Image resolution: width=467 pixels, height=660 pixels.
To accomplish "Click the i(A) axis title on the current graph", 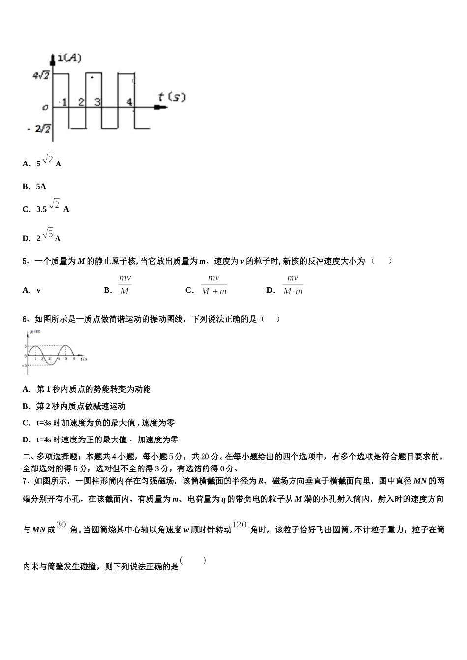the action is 70,58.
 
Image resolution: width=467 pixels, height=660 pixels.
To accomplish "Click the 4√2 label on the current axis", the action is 41,75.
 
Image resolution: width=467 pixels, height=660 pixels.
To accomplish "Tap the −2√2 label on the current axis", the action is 39,129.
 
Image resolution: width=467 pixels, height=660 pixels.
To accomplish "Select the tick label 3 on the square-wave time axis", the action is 97,102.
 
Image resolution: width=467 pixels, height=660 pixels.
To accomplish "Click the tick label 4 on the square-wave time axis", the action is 129,102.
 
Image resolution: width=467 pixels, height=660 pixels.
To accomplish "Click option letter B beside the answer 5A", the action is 26,187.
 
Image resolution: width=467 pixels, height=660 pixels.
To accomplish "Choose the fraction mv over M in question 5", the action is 125,285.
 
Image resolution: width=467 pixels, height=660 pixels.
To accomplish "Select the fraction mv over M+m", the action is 214,285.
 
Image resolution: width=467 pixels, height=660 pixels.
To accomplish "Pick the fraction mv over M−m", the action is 293,285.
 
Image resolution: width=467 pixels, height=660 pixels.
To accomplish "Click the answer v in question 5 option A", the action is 38,290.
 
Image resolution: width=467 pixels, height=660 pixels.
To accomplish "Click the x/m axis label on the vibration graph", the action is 35,332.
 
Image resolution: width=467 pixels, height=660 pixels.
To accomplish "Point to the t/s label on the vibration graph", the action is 84,359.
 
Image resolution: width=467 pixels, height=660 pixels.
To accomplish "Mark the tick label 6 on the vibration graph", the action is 74,359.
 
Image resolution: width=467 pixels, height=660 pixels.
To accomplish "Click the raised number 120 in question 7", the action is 239,524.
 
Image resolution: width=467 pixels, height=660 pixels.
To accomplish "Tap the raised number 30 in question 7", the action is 61,524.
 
